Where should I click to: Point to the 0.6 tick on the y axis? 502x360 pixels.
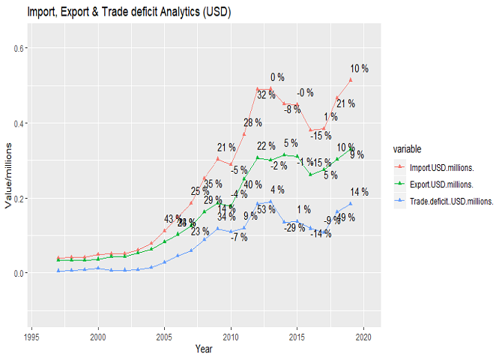pos(18,48)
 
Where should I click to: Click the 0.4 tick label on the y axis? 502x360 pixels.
pos(18,123)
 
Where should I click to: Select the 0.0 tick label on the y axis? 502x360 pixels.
pos(18,273)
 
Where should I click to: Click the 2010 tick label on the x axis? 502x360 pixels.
pos(231,337)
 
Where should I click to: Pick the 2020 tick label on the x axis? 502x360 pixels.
pos(364,337)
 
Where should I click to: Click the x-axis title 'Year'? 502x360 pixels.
pos(204,349)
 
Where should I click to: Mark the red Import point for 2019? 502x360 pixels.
pos(351,79)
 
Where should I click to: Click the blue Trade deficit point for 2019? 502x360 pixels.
pos(351,203)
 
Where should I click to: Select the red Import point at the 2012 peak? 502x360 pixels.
pos(258,89)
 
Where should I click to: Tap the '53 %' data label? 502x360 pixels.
pos(266,209)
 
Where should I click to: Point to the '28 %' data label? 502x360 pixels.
pos(252,122)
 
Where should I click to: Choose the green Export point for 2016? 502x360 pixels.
pos(311,174)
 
